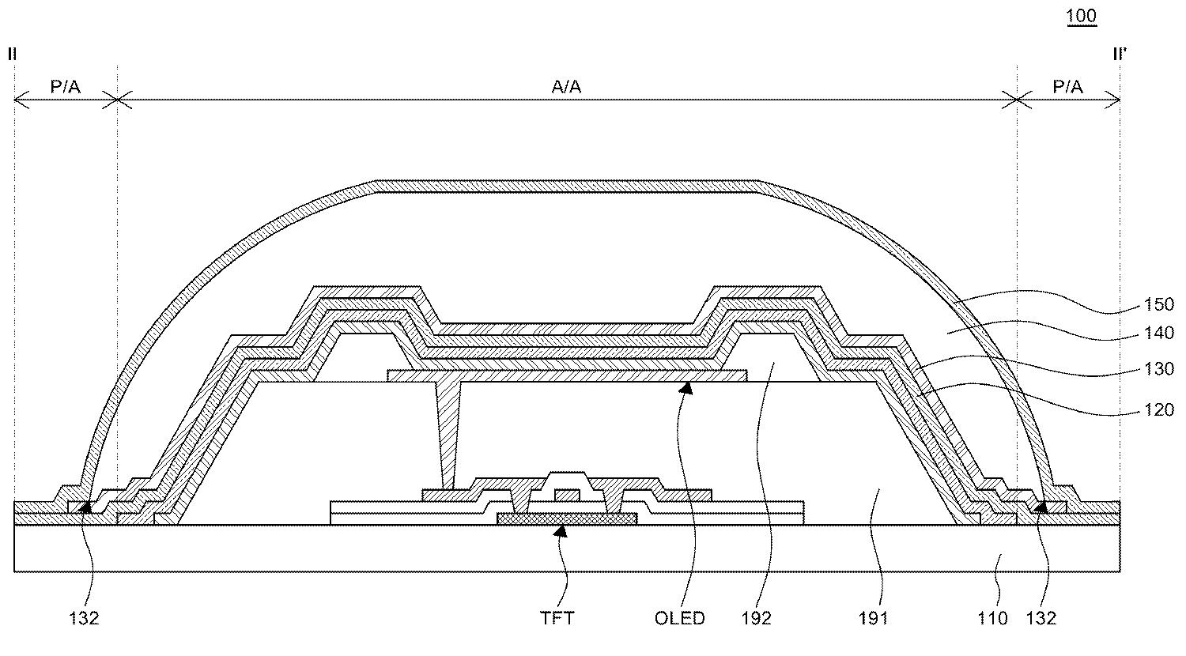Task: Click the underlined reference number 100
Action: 1081,16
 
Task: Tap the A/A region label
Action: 566,86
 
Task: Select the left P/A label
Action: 65,86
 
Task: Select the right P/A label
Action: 1067,86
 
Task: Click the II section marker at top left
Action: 12,54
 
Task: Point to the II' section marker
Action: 1120,54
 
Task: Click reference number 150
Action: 1159,304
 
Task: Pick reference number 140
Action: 1159,333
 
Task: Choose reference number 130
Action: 1159,368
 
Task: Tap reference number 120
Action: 1159,409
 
